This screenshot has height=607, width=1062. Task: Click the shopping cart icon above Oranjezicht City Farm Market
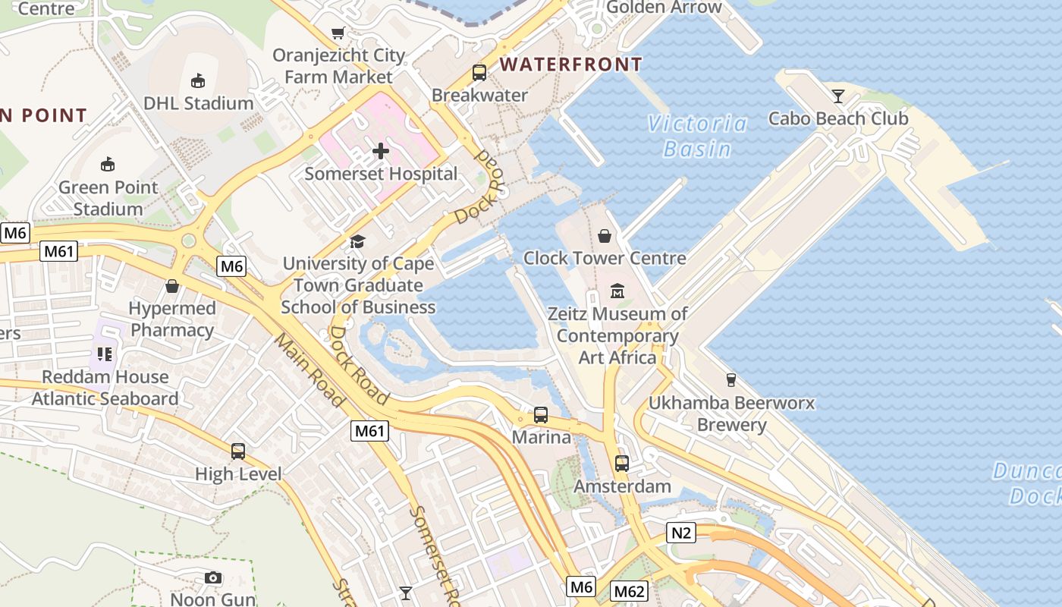338,33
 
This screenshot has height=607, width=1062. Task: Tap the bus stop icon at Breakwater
479,73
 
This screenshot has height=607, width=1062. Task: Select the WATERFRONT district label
571,64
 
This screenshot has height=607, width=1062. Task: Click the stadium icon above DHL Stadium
198,80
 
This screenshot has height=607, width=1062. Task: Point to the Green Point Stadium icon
108,164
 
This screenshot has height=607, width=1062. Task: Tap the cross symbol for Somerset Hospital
381,152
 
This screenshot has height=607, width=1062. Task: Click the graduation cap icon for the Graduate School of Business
357,241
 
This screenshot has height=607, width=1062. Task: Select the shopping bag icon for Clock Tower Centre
605,236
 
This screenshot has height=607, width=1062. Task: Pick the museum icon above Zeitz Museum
617,291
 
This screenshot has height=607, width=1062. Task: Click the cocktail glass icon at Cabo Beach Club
837,96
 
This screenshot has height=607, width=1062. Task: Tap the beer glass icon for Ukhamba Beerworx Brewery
731,380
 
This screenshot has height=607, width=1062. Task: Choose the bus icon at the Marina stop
541,415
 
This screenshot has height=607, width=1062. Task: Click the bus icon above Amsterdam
622,463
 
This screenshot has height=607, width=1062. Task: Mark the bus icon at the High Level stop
238,451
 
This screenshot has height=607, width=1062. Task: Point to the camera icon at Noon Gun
213,578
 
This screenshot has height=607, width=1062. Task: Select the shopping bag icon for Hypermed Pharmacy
172,286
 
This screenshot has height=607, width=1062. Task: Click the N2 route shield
680,533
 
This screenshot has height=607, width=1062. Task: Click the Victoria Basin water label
698,136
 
